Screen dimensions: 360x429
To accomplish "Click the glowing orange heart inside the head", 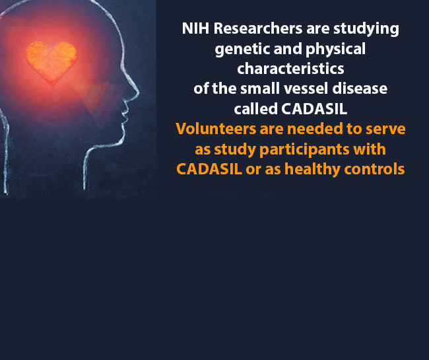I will coord(51,61).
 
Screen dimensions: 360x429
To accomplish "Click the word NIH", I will coord(193,29).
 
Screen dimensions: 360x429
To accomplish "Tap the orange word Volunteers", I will coord(213,129).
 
